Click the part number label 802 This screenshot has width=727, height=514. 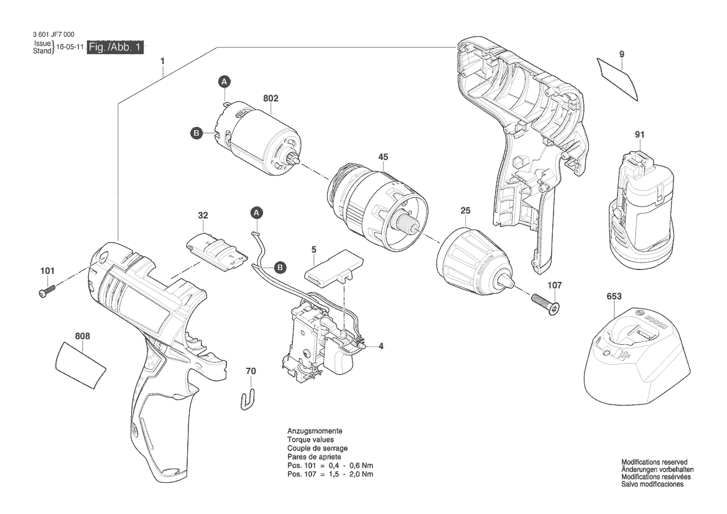[x=271, y=98]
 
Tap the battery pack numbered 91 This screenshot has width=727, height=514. [x=641, y=208]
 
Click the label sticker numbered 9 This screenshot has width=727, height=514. [x=618, y=78]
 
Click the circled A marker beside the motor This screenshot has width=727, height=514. [x=225, y=82]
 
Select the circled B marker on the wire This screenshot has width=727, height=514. [x=280, y=268]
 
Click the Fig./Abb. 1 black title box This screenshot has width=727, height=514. [x=116, y=47]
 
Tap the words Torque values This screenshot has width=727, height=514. [x=310, y=439]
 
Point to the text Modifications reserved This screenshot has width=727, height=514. [x=654, y=462]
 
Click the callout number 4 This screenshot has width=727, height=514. [x=381, y=346]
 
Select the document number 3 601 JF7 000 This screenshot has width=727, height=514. [x=53, y=34]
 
